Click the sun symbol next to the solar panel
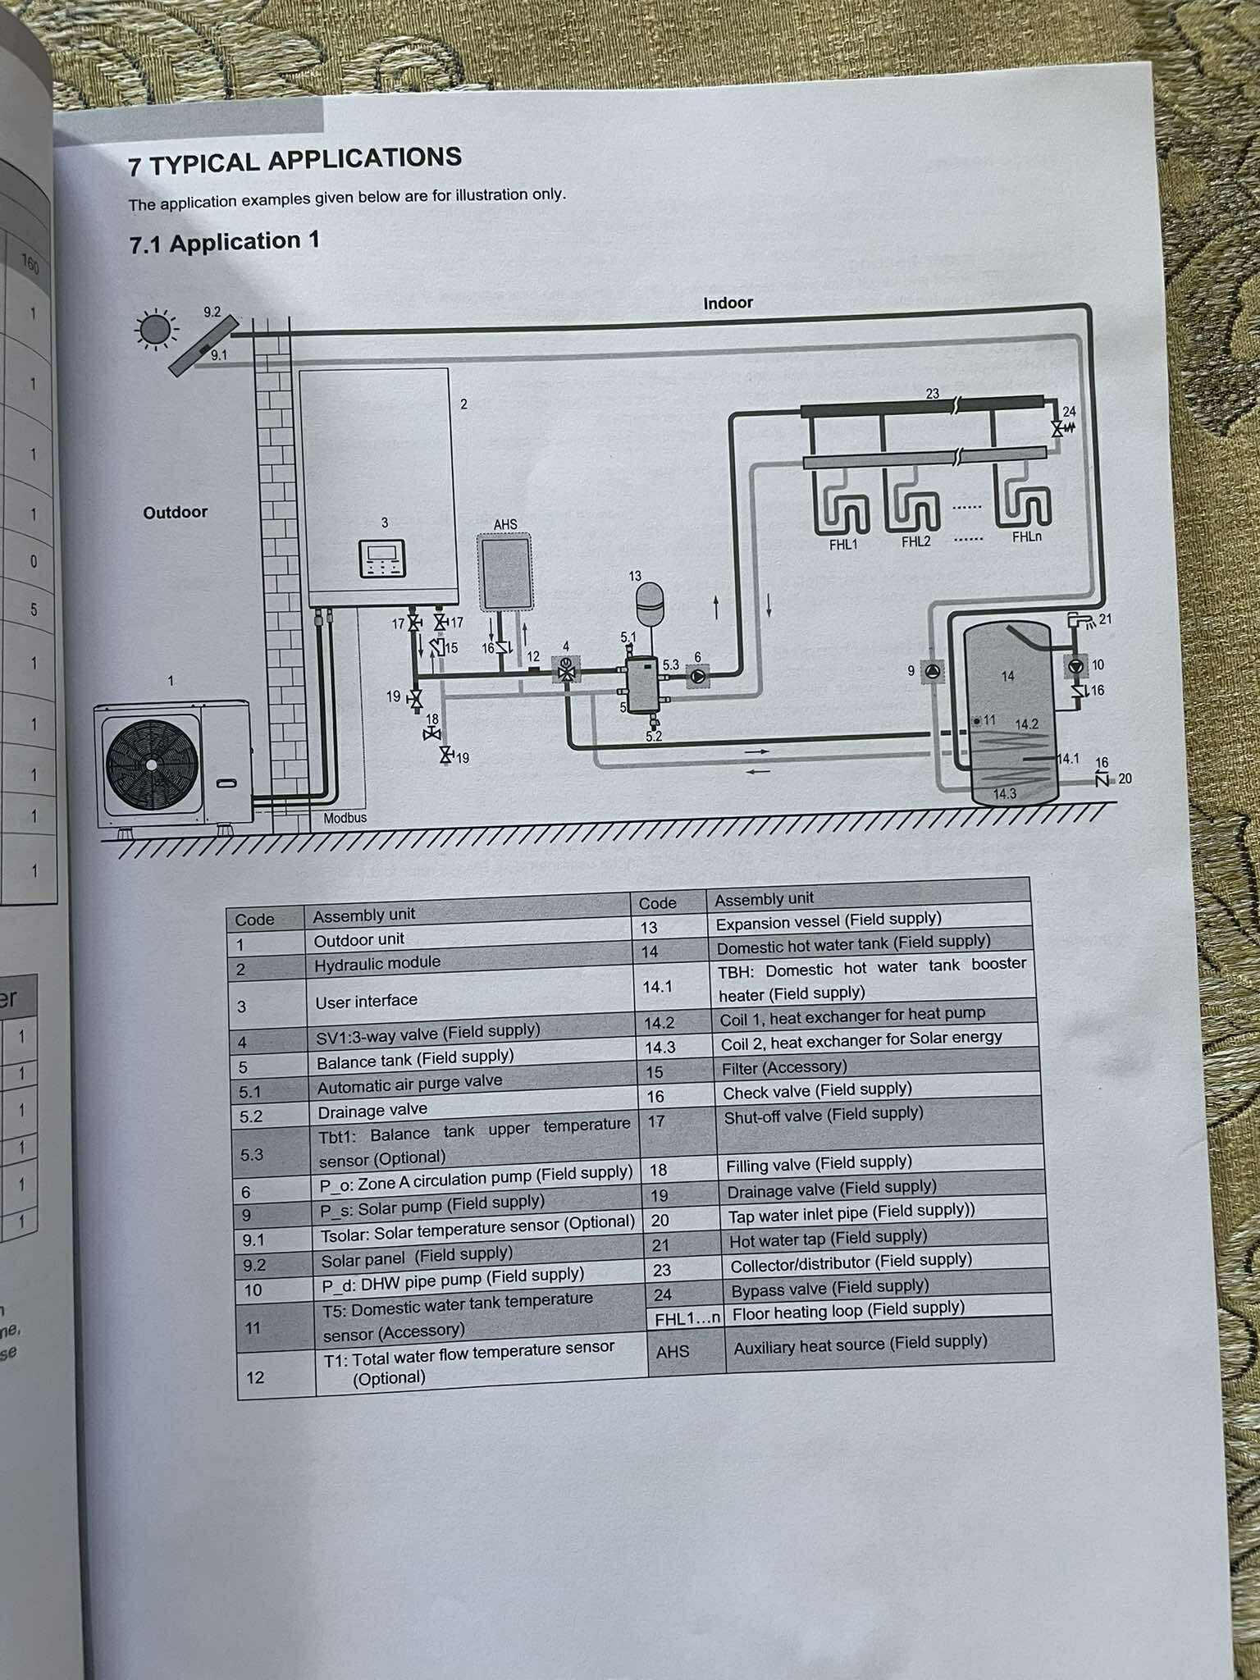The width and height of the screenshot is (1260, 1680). [153, 330]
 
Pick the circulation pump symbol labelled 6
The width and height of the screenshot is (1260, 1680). [697, 677]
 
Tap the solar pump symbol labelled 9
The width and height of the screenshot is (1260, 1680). [933, 671]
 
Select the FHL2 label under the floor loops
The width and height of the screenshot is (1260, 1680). [915, 542]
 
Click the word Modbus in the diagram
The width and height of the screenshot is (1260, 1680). [345, 818]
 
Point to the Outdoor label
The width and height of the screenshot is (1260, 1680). [175, 513]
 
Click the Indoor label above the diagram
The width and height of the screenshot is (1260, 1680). [728, 303]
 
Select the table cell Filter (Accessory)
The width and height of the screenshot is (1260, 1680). [783, 1067]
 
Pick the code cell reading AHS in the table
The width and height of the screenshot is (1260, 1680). [673, 1350]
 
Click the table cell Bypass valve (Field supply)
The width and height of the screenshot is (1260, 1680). [829, 1287]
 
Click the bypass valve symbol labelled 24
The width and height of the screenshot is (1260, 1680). [1059, 428]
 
